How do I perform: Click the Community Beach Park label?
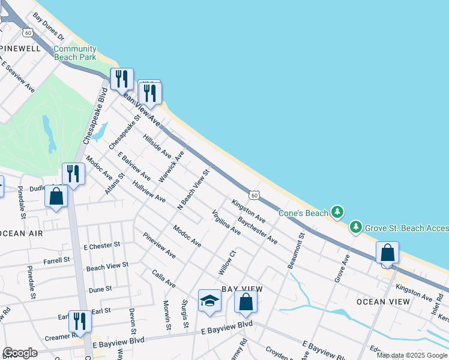(x=75, y=53)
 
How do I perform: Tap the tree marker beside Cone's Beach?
(x=338, y=212)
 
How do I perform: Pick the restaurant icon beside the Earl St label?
(x=79, y=321)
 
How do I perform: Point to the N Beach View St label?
(x=193, y=190)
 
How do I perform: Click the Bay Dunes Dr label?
(x=49, y=27)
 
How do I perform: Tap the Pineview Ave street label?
(x=159, y=246)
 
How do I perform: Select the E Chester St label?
(x=102, y=246)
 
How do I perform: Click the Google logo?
(x=20, y=353)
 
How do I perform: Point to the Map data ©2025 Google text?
(x=412, y=355)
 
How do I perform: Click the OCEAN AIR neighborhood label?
(x=22, y=233)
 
